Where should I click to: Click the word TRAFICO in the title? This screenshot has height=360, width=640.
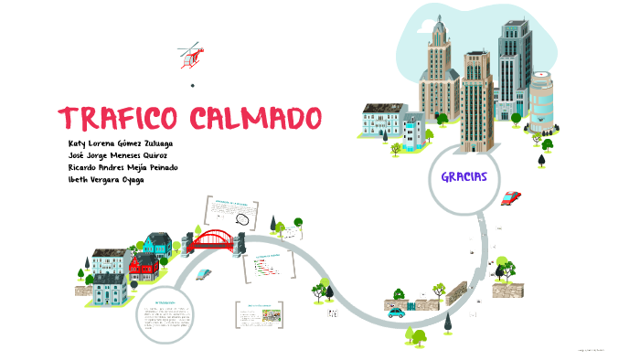click(x=119, y=119)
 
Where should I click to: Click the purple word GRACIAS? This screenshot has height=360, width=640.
click(x=463, y=176)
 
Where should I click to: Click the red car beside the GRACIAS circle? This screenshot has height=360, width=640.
click(x=511, y=197)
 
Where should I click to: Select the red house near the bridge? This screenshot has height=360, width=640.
click(x=143, y=267)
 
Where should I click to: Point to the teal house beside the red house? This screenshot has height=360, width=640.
click(x=158, y=244)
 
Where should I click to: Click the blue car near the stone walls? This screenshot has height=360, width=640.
click(x=397, y=312)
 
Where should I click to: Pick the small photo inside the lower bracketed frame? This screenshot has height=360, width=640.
click(x=271, y=315)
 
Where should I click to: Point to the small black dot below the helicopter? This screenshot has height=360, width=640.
click(x=193, y=86)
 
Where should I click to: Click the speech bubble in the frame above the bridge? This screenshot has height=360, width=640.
click(x=242, y=218)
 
